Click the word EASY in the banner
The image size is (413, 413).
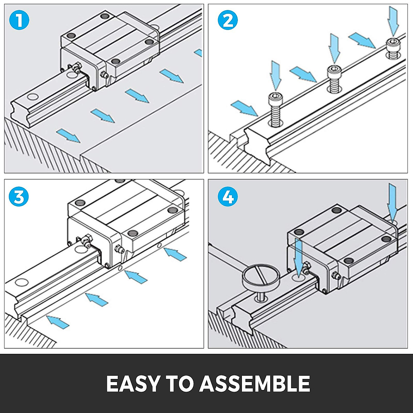[133, 383]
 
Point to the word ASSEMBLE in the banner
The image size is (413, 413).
[255, 383]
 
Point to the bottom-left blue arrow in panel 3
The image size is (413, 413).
[57, 321]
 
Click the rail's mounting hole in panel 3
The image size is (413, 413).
[21, 282]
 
